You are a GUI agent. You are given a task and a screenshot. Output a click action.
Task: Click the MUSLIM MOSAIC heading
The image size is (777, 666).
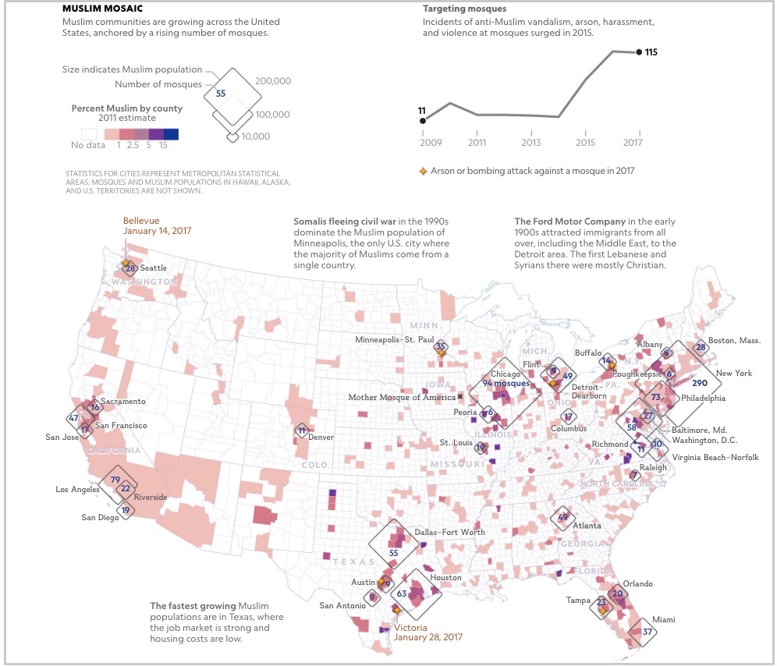101,8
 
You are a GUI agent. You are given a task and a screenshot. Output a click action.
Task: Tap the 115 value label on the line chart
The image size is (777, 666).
652,52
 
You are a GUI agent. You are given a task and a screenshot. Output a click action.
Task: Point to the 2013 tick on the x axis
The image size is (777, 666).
531,143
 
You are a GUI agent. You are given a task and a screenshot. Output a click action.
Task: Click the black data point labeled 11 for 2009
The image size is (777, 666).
422,120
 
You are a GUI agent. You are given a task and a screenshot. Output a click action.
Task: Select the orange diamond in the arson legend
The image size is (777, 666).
423,170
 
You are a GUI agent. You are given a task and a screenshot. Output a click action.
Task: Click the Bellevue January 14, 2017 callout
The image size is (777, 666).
157,225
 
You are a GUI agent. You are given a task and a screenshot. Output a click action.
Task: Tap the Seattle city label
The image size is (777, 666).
154,268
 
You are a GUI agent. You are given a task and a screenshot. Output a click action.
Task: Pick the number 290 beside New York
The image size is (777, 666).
699,383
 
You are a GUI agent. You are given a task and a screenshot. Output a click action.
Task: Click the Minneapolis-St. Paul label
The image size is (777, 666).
394,340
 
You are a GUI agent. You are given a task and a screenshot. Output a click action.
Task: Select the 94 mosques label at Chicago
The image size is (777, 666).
506,383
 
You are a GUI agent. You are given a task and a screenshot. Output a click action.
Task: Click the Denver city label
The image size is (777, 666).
321,437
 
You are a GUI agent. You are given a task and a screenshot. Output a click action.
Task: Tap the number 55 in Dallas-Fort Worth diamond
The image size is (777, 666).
394,552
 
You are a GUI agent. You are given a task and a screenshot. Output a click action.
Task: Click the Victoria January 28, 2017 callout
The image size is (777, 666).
428,632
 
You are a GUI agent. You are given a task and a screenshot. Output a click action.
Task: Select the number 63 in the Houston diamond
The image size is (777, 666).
402,593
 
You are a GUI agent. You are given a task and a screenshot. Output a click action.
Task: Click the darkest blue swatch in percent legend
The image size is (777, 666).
171,133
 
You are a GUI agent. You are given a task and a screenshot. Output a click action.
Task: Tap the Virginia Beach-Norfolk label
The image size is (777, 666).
715,458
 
